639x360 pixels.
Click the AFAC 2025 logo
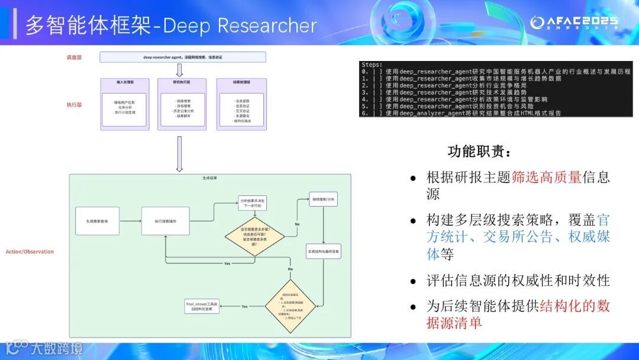coord(573,22)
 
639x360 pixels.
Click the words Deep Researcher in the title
coord(240,25)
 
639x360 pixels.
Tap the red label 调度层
coord(74,57)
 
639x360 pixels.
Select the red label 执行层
coord(74,105)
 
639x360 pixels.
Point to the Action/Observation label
coord(30,252)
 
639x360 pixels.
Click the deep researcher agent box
coord(182,57)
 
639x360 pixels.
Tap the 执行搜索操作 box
coord(165,221)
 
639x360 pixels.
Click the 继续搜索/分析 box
coord(323,200)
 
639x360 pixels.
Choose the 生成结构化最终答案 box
coord(324,252)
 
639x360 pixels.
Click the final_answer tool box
coord(202,307)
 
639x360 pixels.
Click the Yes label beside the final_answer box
coord(244,306)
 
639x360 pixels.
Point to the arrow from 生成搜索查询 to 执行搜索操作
coord(131,221)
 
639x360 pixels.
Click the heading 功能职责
coord(479,152)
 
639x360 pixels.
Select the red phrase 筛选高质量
coord(546,177)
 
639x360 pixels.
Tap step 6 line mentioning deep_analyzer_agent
coord(461,113)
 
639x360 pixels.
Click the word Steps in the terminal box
coord(373,65)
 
